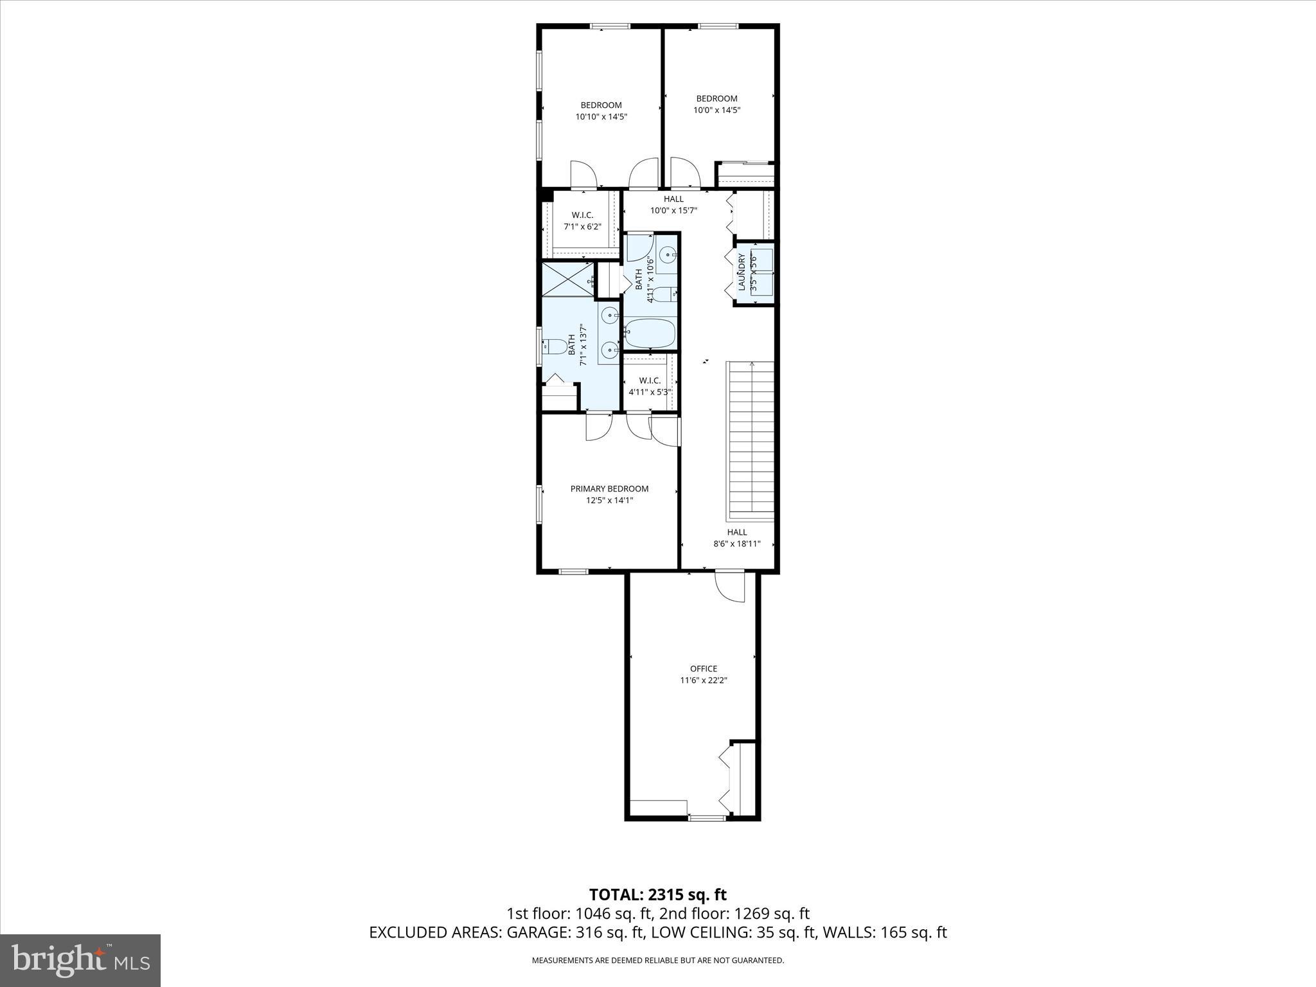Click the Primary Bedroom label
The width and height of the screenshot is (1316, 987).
pos(609,488)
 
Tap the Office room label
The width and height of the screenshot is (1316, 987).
pos(704,668)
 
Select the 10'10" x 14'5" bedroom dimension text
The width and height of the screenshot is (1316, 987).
pos(601,117)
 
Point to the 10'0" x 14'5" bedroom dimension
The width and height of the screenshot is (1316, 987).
pos(716,110)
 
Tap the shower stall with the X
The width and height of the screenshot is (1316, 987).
pos(568,279)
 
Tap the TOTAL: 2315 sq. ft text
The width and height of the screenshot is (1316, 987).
pos(657,894)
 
